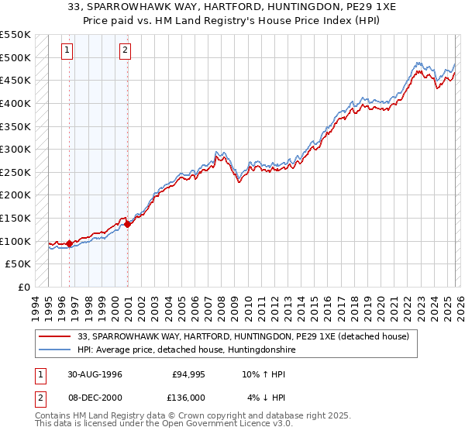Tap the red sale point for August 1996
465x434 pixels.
(x=70, y=243)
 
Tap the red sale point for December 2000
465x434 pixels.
(x=128, y=225)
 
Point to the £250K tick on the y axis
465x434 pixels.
(x=15, y=172)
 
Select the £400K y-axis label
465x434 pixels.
(x=15, y=103)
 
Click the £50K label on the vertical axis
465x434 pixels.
(x=19, y=264)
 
